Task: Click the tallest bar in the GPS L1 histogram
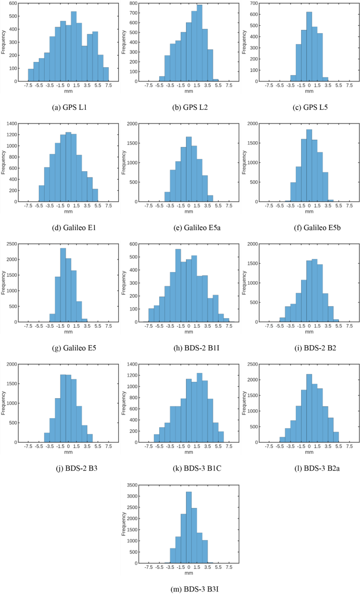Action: tap(74, 47)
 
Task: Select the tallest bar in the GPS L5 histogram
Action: tap(309, 47)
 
